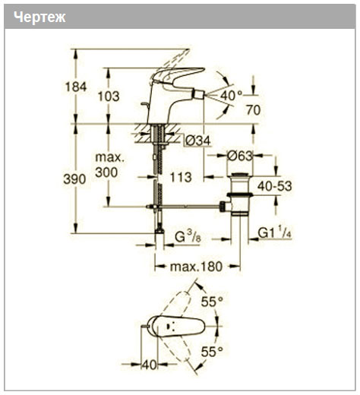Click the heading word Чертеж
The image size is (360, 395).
pos(39,17)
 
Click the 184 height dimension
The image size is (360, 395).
pos(76,87)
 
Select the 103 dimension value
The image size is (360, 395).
pos(109,96)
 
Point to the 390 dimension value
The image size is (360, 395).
pos(74,179)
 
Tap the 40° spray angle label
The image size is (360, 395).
pos(231,96)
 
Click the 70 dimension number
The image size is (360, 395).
pos(253,110)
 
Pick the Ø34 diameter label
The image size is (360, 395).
pos(197,141)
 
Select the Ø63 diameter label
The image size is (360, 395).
pos(240,156)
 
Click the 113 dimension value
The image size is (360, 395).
pos(181,177)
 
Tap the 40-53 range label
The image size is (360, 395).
pos(274,186)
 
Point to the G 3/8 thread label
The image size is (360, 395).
pos(188,238)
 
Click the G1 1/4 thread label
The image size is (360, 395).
pos(275,232)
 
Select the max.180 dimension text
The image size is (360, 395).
pos(196,267)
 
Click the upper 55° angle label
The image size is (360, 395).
pos(212,302)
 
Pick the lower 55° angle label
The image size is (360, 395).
pos(212,352)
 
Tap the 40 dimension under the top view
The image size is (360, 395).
pos(150,365)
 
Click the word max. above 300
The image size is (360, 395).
pos(110,158)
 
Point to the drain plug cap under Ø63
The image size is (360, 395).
pos(240,175)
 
